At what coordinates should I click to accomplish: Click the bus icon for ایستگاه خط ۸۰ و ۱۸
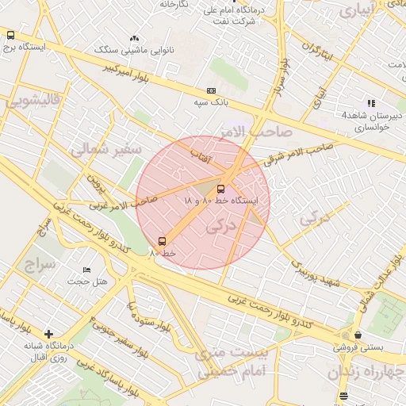click(x=220, y=189)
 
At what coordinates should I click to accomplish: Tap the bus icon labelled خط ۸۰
click(x=163, y=240)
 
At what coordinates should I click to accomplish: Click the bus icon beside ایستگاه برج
click(x=10, y=35)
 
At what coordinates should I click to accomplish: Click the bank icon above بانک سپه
click(x=211, y=91)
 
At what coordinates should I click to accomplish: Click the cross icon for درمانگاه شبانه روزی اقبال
click(x=49, y=334)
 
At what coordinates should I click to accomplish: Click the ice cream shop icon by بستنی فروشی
click(x=359, y=335)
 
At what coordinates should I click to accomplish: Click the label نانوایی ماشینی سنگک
click(x=129, y=49)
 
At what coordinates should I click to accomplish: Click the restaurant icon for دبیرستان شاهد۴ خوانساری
click(x=370, y=103)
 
